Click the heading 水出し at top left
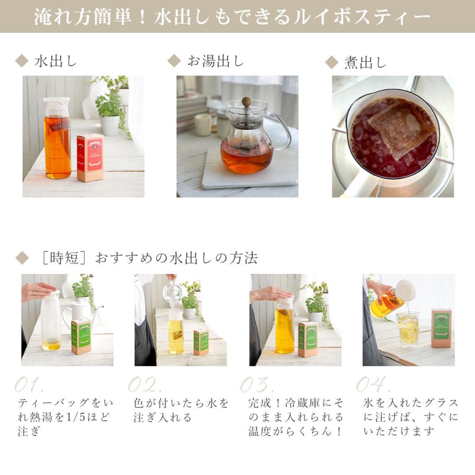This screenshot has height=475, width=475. click(55, 61)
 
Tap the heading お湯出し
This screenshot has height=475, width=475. click(215, 61)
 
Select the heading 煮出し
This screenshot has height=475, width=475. click(365, 63)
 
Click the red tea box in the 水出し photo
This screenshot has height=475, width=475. click(90, 158)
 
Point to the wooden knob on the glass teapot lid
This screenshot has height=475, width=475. click(246, 101)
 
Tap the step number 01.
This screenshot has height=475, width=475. click(33, 384)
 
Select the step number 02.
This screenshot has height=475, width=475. click(145, 384)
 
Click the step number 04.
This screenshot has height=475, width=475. click(373, 384)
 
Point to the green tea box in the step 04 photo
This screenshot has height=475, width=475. click(441, 328)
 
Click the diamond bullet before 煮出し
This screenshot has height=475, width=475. click(331, 63)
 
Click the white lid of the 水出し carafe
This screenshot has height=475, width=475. click(56, 102)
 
